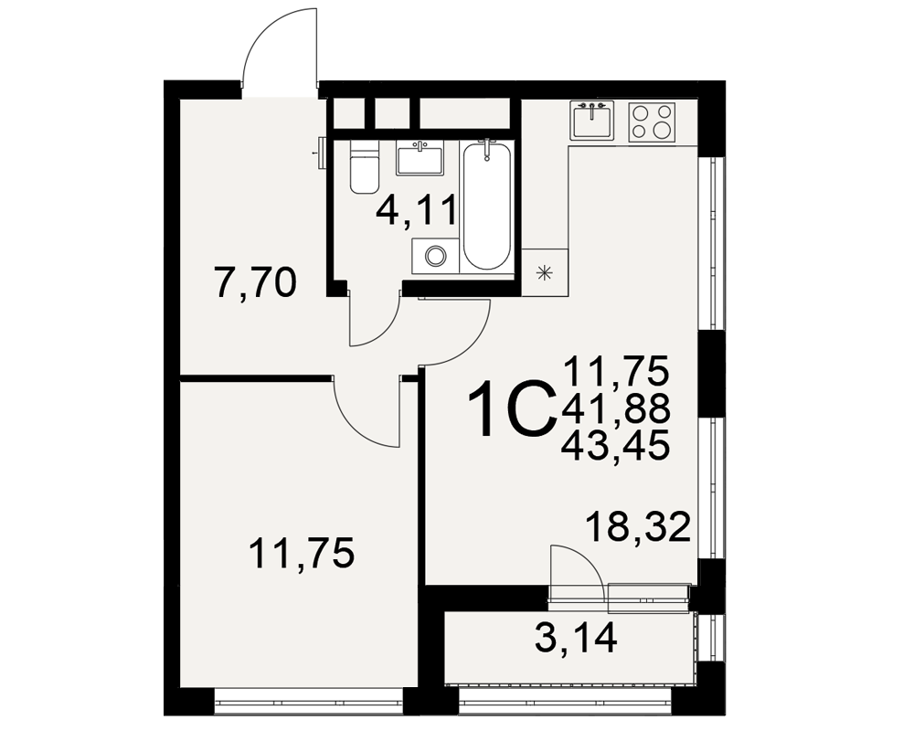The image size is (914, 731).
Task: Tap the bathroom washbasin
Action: [420, 158]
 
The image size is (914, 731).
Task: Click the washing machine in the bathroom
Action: [435, 255]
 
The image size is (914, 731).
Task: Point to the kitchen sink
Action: [591, 121]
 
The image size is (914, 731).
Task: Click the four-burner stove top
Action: [652, 122]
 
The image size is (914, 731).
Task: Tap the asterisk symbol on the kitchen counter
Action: [545, 272]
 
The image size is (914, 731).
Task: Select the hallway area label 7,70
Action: [256, 284]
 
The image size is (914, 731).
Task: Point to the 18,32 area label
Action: [639, 527]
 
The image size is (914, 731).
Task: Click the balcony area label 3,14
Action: [575, 639]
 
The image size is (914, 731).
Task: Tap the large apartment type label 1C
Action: [511, 408]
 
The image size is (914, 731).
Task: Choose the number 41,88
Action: [616, 408]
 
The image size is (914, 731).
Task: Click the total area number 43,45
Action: [615, 447]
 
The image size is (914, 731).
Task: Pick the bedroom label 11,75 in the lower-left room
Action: [302, 553]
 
